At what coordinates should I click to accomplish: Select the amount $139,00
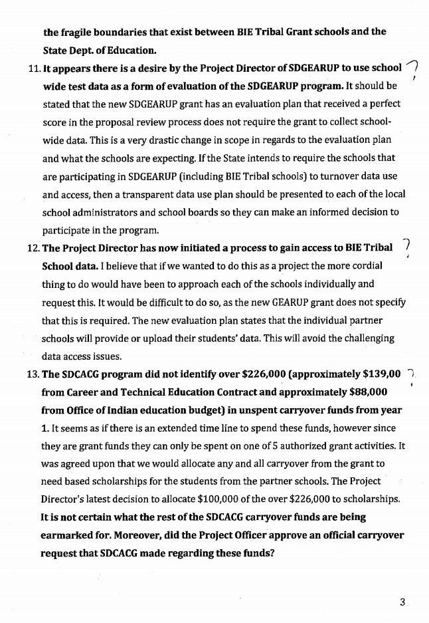[x=377, y=374]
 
